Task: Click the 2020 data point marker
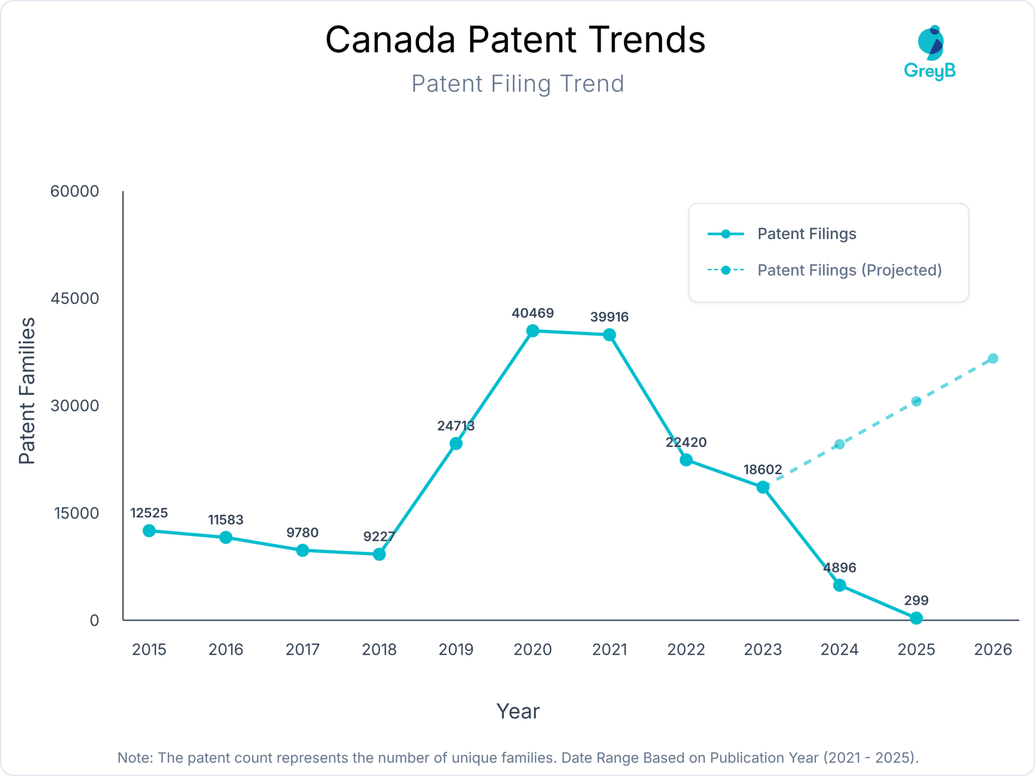[532, 331]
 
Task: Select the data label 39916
[609, 317]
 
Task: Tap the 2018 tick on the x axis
[379, 649]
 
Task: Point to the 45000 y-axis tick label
[75, 298]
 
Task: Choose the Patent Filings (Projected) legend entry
[849, 270]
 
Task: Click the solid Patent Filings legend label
[807, 234]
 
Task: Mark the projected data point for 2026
[993, 358]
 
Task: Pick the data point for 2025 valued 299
[916, 618]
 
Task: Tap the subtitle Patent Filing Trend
[517, 84]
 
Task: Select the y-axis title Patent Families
[27, 390]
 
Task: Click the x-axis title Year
[517, 711]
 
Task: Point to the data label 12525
[149, 513]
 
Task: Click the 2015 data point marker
[149, 530]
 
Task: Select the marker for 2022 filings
[686, 460]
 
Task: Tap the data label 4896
[839, 567]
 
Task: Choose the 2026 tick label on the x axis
[993, 649]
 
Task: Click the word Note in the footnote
[134, 757]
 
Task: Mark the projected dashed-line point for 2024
[839, 444]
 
